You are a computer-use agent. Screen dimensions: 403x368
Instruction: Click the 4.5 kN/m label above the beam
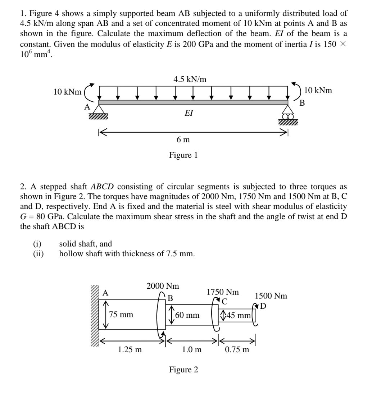[190, 79]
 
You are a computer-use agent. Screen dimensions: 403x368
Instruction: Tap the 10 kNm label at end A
[67, 92]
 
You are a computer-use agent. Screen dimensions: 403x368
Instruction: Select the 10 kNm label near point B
[318, 90]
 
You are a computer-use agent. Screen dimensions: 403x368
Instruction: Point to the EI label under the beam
[188, 113]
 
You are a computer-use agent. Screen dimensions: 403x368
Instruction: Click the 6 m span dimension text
[183, 140]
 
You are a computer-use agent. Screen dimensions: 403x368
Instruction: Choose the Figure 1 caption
[183, 155]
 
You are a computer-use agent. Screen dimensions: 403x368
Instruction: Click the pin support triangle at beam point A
[98, 109]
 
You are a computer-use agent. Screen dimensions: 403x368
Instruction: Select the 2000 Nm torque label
[163, 286]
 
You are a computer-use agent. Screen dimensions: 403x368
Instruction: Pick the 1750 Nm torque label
[223, 292]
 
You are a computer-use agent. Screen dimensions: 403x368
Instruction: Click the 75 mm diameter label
[121, 315]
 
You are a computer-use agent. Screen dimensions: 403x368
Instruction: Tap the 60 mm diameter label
[187, 315]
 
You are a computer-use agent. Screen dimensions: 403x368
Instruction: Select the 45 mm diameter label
[238, 316]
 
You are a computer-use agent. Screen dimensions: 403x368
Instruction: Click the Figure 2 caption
[183, 370]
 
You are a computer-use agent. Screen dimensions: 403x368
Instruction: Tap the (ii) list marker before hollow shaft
[38, 254]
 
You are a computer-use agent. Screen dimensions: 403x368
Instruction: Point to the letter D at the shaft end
[263, 306]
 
